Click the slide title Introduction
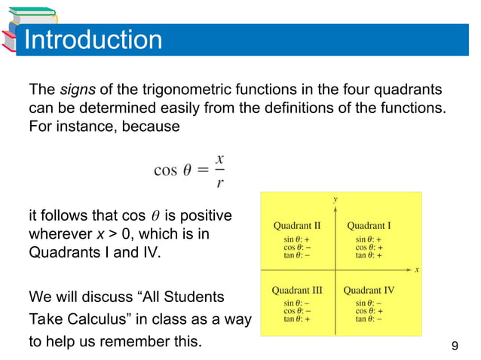[x=93, y=39]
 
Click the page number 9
[x=454, y=346]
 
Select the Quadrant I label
[x=369, y=225]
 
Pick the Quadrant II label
[x=297, y=225]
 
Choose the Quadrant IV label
[x=369, y=289]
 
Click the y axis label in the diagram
[x=335, y=200]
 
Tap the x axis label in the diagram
[x=416, y=269]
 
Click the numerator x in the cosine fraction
[x=219, y=159]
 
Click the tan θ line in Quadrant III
[x=296, y=319]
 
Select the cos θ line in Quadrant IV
[x=369, y=310]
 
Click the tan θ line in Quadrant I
[x=369, y=255]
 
